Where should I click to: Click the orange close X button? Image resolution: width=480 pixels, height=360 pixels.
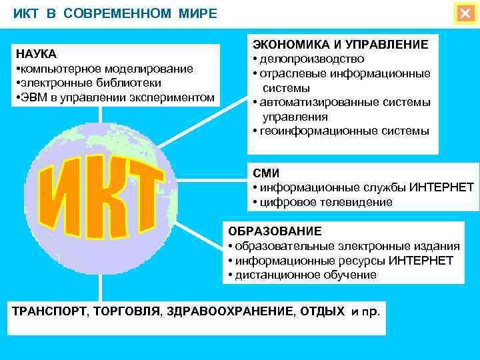tap(465, 13)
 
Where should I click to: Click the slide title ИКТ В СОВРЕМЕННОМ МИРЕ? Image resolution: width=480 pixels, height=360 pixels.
tap(115, 14)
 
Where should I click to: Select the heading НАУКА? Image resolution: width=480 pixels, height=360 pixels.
tap(36, 54)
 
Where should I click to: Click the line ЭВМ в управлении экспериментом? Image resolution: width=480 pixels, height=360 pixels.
tap(115, 98)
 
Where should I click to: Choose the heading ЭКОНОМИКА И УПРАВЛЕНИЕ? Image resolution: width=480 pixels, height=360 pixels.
tap(340, 44)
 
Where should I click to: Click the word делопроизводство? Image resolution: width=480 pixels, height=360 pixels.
tap(312, 59)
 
